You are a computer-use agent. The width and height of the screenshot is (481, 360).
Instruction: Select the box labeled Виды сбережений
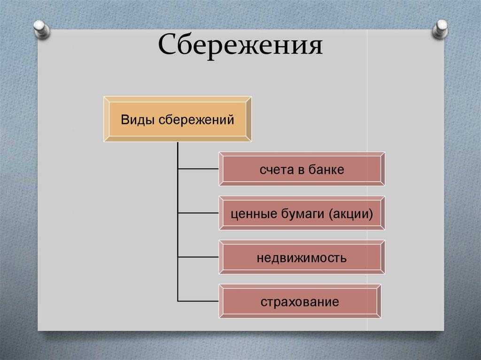click(x=177, y=120)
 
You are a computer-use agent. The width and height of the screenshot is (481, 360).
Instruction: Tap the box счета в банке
click(x=302, y=169)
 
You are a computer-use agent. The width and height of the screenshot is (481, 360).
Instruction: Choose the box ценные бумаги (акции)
click(x=302, y=214)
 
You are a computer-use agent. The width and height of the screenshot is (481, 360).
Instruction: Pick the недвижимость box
click(x=302, y=257)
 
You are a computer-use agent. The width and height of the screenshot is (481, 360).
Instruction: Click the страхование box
click(x=300, y=301)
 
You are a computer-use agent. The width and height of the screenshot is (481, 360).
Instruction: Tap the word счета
click(x=274, y=169)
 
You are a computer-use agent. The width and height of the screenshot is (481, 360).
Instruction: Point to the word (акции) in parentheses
click(x=352, y=214)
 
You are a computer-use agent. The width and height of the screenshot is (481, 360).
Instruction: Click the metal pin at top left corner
click(x=41, y=29)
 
